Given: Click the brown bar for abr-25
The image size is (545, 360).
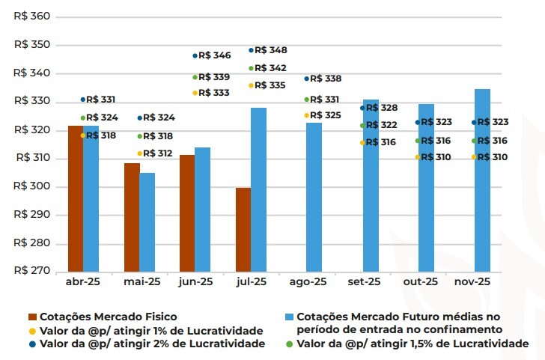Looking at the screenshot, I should (x=75, y=198).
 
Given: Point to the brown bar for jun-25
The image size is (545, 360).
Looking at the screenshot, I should (x=187, y=213).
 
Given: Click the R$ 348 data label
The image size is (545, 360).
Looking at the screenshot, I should (x=270, y=50).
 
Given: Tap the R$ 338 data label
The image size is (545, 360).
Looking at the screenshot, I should (x=326, y=79).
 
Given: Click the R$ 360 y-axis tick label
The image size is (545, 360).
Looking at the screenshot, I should (x=32, y=16).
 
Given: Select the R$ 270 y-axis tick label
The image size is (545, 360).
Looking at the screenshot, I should (x=32, y=272).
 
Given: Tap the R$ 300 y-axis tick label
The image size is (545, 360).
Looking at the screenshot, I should (x=32, y=186).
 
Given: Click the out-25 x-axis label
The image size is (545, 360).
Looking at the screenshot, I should (x=420, y=282).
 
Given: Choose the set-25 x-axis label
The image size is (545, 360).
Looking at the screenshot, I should (x=365, y=282).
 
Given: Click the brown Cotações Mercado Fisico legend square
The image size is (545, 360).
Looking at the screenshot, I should (x=32, y=317).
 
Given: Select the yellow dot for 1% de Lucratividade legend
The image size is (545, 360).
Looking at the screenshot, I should (x=32, y=331).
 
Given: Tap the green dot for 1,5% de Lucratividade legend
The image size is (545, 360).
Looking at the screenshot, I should (x=290, y=344).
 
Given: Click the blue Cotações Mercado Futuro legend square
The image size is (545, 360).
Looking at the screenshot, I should (x=290, y=317).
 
